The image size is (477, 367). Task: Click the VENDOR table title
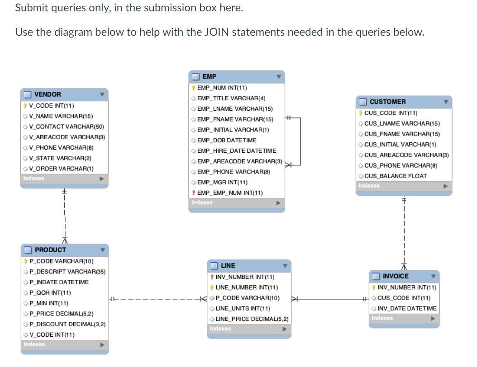click(48, 94)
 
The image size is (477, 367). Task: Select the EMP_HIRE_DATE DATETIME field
click(237, 151)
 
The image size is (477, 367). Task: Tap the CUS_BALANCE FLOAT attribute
click(395, 176)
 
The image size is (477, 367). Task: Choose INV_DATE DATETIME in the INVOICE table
click(407, 308)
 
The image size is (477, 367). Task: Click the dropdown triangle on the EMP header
click(278, 77)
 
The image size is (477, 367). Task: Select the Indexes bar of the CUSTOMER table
click(404, 186)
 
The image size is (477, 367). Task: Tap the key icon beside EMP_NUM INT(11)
click(193, 88)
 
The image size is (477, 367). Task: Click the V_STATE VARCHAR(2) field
click(60, 158)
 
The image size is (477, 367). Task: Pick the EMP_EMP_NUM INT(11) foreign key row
click(229, 193)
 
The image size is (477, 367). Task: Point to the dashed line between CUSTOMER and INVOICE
click(404, 231)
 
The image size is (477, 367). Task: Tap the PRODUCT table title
click(50, 250)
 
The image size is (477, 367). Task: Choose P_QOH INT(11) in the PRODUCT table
click(50, 292)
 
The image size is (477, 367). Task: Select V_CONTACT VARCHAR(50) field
click(66, 127)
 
